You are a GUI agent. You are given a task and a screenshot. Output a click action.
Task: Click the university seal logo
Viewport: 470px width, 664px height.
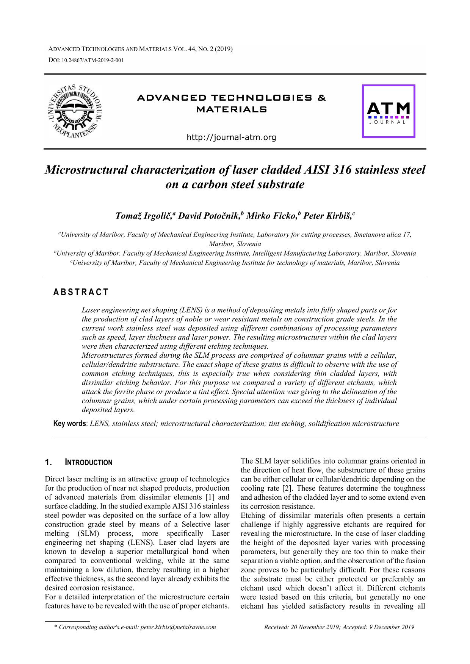point(75,111)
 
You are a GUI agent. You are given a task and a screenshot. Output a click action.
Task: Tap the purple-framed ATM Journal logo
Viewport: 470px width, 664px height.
point(389,111)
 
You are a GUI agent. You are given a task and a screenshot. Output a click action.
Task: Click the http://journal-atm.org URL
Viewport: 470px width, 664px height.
point(231,137)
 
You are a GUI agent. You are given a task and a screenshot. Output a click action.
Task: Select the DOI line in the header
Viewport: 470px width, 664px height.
point(86,60)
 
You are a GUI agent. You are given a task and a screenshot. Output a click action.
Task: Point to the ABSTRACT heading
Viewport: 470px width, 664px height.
point(81,292)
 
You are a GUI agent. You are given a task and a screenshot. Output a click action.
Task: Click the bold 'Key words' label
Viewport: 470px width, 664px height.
point(69,424)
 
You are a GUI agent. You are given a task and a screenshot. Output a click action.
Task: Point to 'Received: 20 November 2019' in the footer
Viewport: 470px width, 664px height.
point(302,627)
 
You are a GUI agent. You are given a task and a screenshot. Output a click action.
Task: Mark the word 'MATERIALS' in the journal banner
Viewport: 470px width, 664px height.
point(231,110)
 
